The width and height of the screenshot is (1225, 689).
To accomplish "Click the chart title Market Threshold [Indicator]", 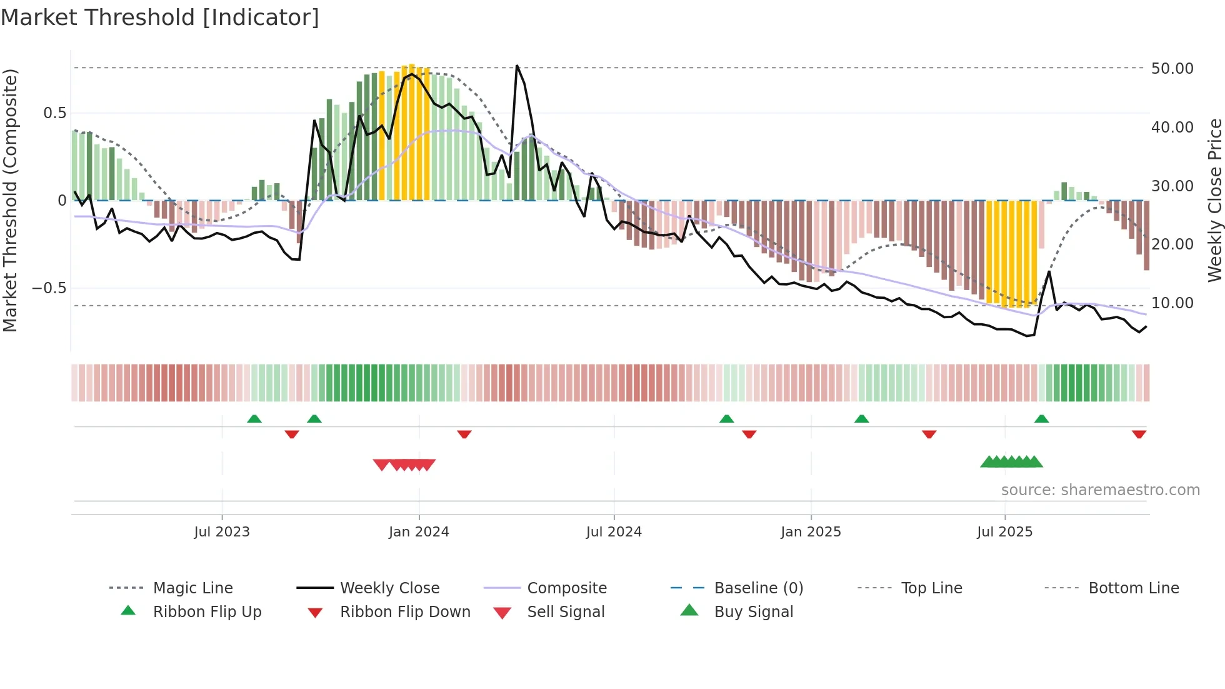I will [160, 18].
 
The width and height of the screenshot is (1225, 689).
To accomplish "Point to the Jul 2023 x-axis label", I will [222, 532].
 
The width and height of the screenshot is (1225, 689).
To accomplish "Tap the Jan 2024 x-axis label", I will [419, 532].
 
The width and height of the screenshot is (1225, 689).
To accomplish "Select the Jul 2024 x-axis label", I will [614, 532].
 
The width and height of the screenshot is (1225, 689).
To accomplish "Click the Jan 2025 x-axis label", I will [811, 532].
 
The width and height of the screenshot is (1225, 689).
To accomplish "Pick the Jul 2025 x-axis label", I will [1005, 532].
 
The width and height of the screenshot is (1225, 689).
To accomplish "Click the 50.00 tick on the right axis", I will [1172, 69].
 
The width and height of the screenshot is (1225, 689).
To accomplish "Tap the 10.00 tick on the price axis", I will [1172, 303].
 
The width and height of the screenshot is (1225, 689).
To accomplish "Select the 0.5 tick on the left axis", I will [55, 113].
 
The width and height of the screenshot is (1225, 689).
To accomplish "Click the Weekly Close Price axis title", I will [1214, 200].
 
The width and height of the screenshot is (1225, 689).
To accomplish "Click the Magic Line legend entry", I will [192, 588].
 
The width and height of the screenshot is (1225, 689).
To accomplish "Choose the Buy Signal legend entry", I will [753, 612].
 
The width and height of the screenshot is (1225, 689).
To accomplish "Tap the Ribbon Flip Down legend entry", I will [405, 612].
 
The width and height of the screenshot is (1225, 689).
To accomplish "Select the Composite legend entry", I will [567, 588].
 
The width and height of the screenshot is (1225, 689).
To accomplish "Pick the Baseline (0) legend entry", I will [758, 588].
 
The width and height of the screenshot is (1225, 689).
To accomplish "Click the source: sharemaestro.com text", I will [1100, 490].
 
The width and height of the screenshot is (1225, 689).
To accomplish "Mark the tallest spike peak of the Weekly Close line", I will [517, 66].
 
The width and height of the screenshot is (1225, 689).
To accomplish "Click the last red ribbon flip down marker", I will [1139, 434].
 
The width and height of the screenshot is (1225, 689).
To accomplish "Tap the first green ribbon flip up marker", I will [254, 419].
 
